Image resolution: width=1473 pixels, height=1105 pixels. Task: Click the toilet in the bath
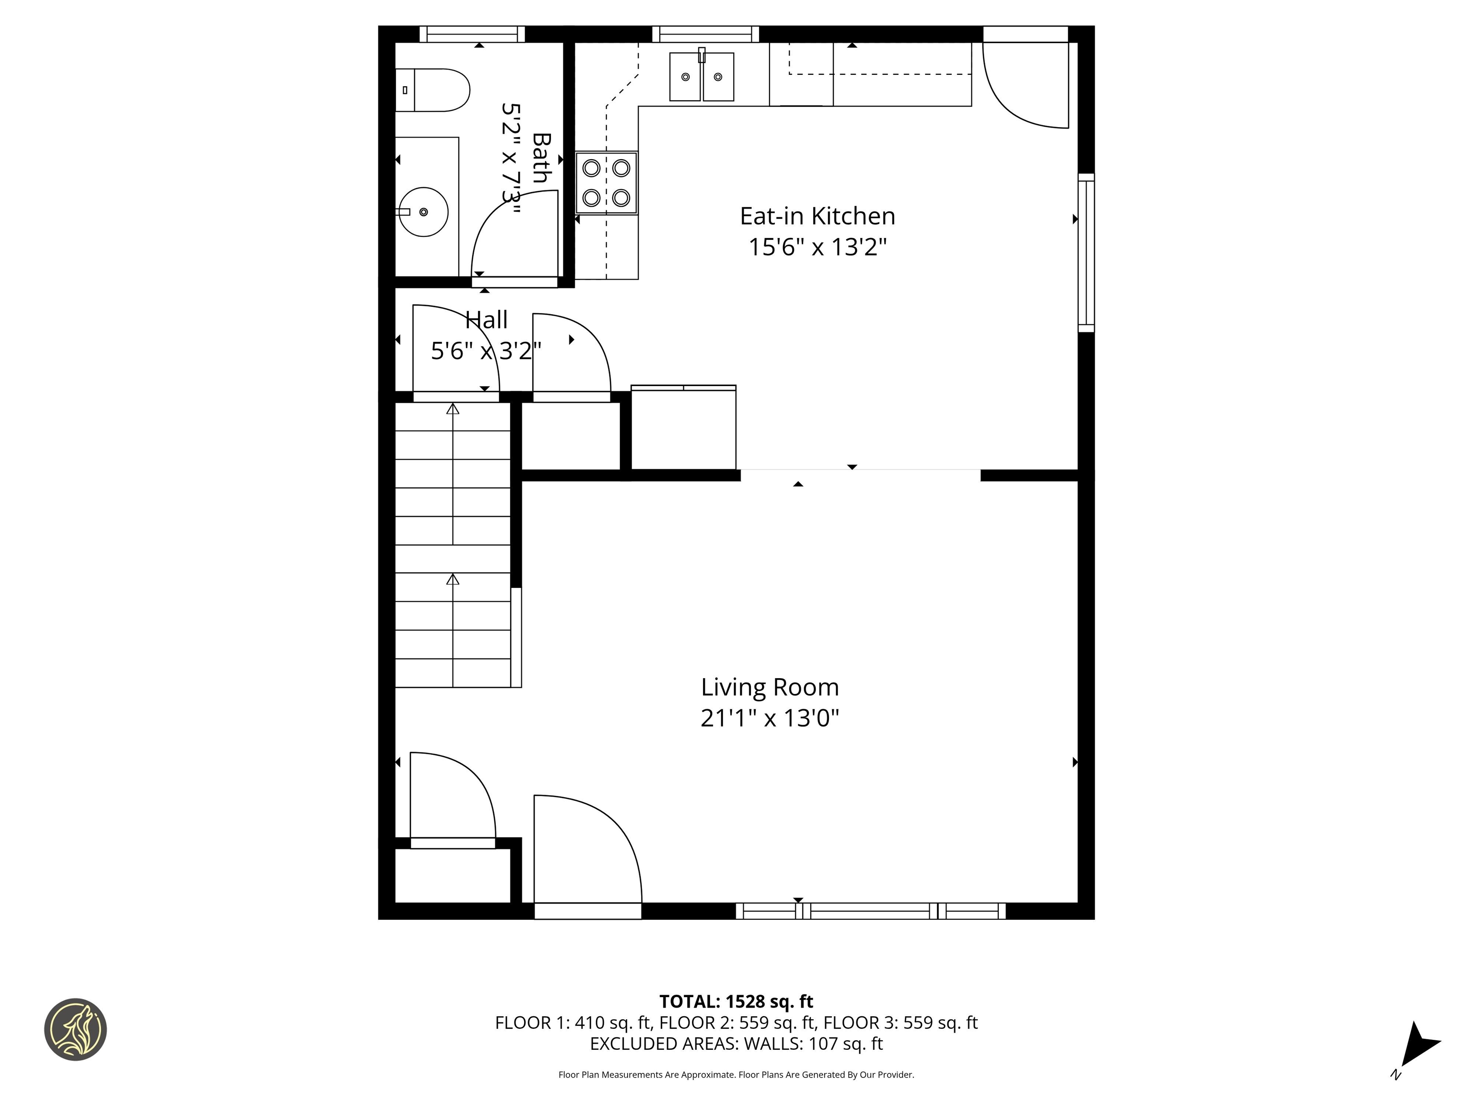click(434, 90)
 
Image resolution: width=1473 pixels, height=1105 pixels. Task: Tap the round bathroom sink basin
click(423, 212)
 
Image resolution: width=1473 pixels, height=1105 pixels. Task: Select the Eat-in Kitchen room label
click(817, 216)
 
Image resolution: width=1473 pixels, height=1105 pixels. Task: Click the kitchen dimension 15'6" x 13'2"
click(817, 247)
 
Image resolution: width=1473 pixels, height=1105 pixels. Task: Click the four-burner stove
click(606, 183)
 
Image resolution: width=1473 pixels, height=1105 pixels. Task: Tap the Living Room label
click(769, 687)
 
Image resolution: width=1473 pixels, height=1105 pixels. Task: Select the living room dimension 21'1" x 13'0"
click(769, 718)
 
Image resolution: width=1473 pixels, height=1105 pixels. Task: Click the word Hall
click(486, 320)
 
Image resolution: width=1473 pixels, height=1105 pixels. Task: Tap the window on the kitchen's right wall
click(1086, 253)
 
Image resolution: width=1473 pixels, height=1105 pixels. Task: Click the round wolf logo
click(75, 1029)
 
